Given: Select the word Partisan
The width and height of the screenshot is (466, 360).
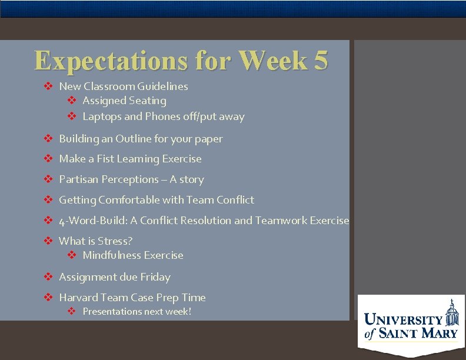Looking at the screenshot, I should pos(79,179).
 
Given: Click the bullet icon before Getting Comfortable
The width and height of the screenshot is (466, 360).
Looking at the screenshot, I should pos(49,200).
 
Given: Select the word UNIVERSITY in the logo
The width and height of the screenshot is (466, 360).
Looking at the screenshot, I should pos(404,321).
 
